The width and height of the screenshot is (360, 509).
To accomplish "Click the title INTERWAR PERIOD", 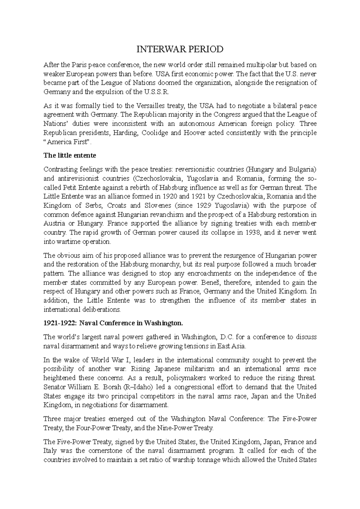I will pyautogui.click(x=180, y=49).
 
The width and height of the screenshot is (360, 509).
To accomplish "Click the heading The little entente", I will pyautogui.click(x=70, y=155).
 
